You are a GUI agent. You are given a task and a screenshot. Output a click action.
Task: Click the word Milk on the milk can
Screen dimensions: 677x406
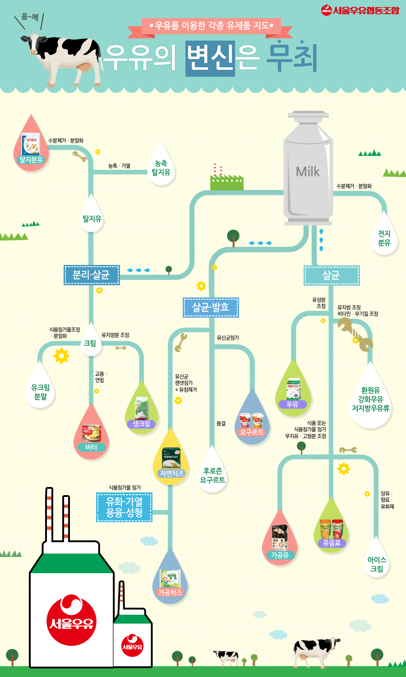point(308,172)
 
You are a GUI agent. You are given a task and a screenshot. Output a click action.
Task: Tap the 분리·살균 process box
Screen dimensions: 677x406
point(92,275)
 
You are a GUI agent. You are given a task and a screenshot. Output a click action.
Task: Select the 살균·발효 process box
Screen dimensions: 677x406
point(211,307)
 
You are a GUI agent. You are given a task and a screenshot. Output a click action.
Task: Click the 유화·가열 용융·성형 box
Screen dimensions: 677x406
point(124,507)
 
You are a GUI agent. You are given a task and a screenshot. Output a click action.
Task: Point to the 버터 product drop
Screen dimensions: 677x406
point(91,436)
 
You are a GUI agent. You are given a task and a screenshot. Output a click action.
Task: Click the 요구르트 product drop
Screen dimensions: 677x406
point(251,422)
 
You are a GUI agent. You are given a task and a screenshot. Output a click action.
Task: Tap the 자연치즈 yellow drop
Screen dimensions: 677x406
point(171,460)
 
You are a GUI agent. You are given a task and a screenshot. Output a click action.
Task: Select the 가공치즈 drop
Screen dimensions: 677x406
point(170,580)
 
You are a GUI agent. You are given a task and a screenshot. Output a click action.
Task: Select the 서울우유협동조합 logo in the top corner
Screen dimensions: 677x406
point(360,10)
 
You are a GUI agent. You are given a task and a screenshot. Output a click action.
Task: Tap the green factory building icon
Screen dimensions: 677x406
point(226,182)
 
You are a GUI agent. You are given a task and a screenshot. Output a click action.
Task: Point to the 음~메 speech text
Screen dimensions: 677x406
point(30,17)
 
